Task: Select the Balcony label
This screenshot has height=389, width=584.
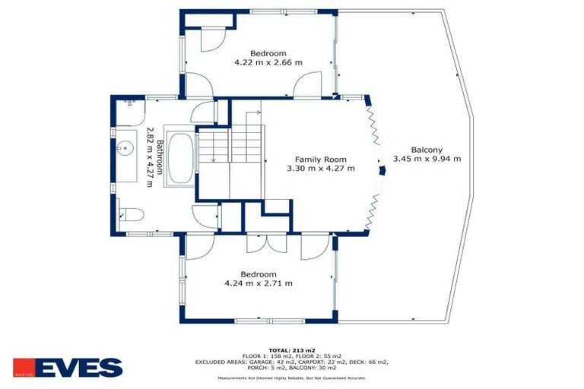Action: coord(427,150)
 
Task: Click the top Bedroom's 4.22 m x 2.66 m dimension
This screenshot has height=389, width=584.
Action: coord(259,62)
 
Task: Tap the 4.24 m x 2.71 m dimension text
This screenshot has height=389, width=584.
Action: coord(259,283)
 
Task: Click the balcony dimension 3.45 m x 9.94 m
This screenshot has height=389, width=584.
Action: coord(427,159)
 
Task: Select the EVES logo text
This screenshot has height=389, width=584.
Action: coord(78,368)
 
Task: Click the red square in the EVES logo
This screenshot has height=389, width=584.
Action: coord(24,368)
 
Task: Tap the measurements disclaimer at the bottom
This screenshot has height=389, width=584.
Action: coord(291,377)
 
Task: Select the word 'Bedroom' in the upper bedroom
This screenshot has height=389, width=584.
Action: coord(259,53)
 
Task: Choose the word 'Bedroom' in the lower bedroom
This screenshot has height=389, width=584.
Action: coord(259,274)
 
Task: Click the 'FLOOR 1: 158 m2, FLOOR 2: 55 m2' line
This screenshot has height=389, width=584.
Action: coord(291,356)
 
